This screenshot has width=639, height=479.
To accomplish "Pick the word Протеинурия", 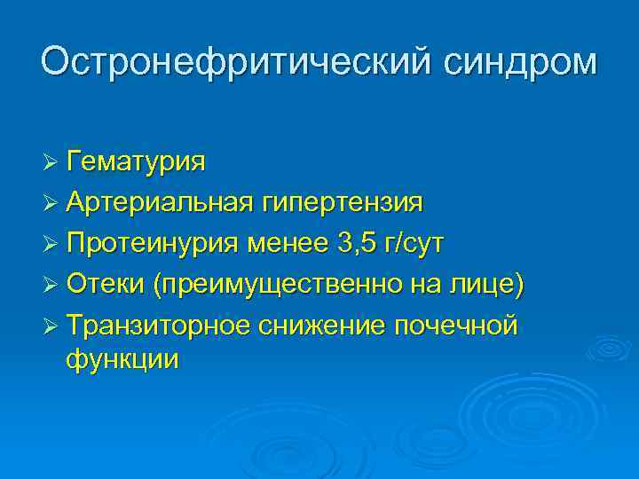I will click(155, 244).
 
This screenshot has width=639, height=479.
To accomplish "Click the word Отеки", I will click(106, 285).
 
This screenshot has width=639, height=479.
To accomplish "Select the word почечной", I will click(455, 326).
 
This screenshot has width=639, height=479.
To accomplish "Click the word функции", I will click(122, 360).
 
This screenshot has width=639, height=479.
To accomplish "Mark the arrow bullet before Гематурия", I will click(51, 163).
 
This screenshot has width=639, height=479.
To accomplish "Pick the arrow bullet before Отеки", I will click(51, 286).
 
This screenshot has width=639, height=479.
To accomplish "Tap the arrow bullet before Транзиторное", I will click(51, 326).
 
